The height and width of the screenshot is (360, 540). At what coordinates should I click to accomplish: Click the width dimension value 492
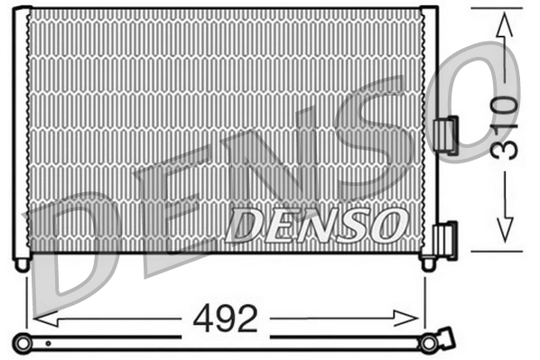point(225,318)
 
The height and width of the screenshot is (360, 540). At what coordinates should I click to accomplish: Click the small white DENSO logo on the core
point(316,223)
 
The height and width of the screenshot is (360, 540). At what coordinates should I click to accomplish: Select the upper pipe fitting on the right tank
point(445,135)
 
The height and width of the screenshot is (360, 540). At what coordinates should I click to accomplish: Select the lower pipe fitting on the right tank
point(445,240)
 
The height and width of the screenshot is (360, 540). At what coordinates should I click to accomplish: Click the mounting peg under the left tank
point(22,263)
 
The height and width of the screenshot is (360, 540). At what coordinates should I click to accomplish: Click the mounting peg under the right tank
point(429,263)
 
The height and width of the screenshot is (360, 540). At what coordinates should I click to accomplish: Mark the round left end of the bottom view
point(22,342)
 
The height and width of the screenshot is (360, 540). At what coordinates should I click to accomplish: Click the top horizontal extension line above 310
point(497,8)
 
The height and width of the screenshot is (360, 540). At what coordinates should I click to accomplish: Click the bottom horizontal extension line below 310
point(497,251)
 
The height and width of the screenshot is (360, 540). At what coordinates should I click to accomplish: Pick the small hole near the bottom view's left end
point(48,343)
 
